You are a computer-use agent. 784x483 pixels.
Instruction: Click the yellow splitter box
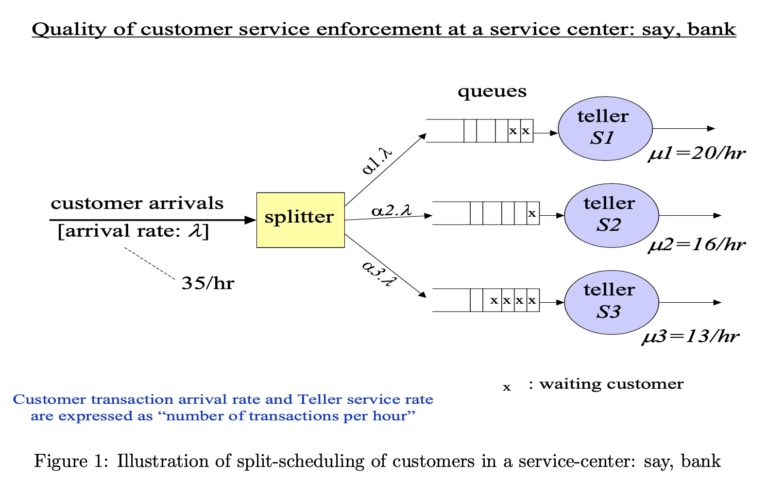[300, 220]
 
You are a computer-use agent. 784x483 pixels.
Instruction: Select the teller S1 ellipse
[605, 128]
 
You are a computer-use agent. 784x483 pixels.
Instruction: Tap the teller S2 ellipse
[611, 215]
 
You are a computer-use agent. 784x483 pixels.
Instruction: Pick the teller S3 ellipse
[611, 302]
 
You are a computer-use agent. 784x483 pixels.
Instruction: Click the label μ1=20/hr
[696, 154]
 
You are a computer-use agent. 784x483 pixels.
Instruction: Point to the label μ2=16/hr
[696, 244]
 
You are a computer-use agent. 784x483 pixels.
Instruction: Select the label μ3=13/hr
[690, 336]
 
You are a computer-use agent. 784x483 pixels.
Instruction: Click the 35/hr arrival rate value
[207, 283]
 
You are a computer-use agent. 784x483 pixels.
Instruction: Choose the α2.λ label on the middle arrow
[392, 211]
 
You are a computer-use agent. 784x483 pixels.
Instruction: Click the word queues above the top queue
[492, 91]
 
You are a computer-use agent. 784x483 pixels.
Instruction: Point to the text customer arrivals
[137, 203]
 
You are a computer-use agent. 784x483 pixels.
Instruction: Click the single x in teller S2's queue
[532, 213]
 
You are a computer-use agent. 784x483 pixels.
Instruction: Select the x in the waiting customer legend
[507, 387]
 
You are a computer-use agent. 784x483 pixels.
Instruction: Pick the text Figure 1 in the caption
[67, 461]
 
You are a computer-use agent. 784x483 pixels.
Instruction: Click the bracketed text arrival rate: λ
[133, 231]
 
